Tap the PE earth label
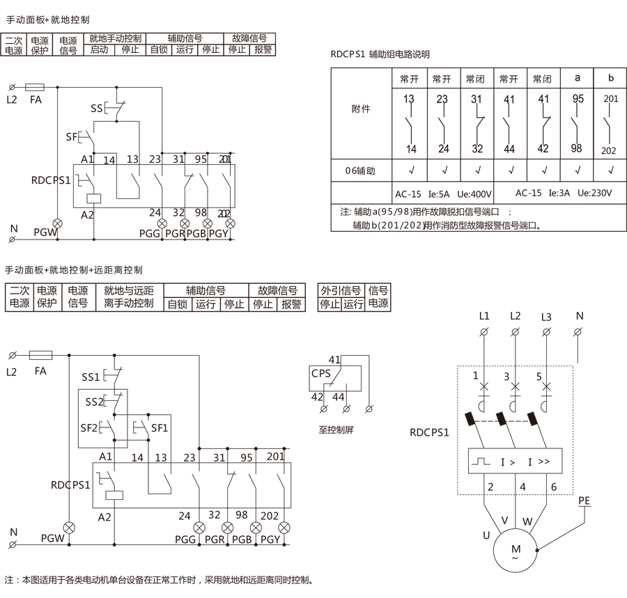coord(584,499)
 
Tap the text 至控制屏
coord(336,430)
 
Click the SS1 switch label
coord(91,377)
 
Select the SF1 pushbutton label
coord(160,427)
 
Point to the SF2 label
coord(88,427)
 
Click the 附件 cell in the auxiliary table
coord(361,109)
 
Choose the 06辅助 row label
coord(361,170)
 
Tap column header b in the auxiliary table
coord(611,77)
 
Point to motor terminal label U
coord(486,535)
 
